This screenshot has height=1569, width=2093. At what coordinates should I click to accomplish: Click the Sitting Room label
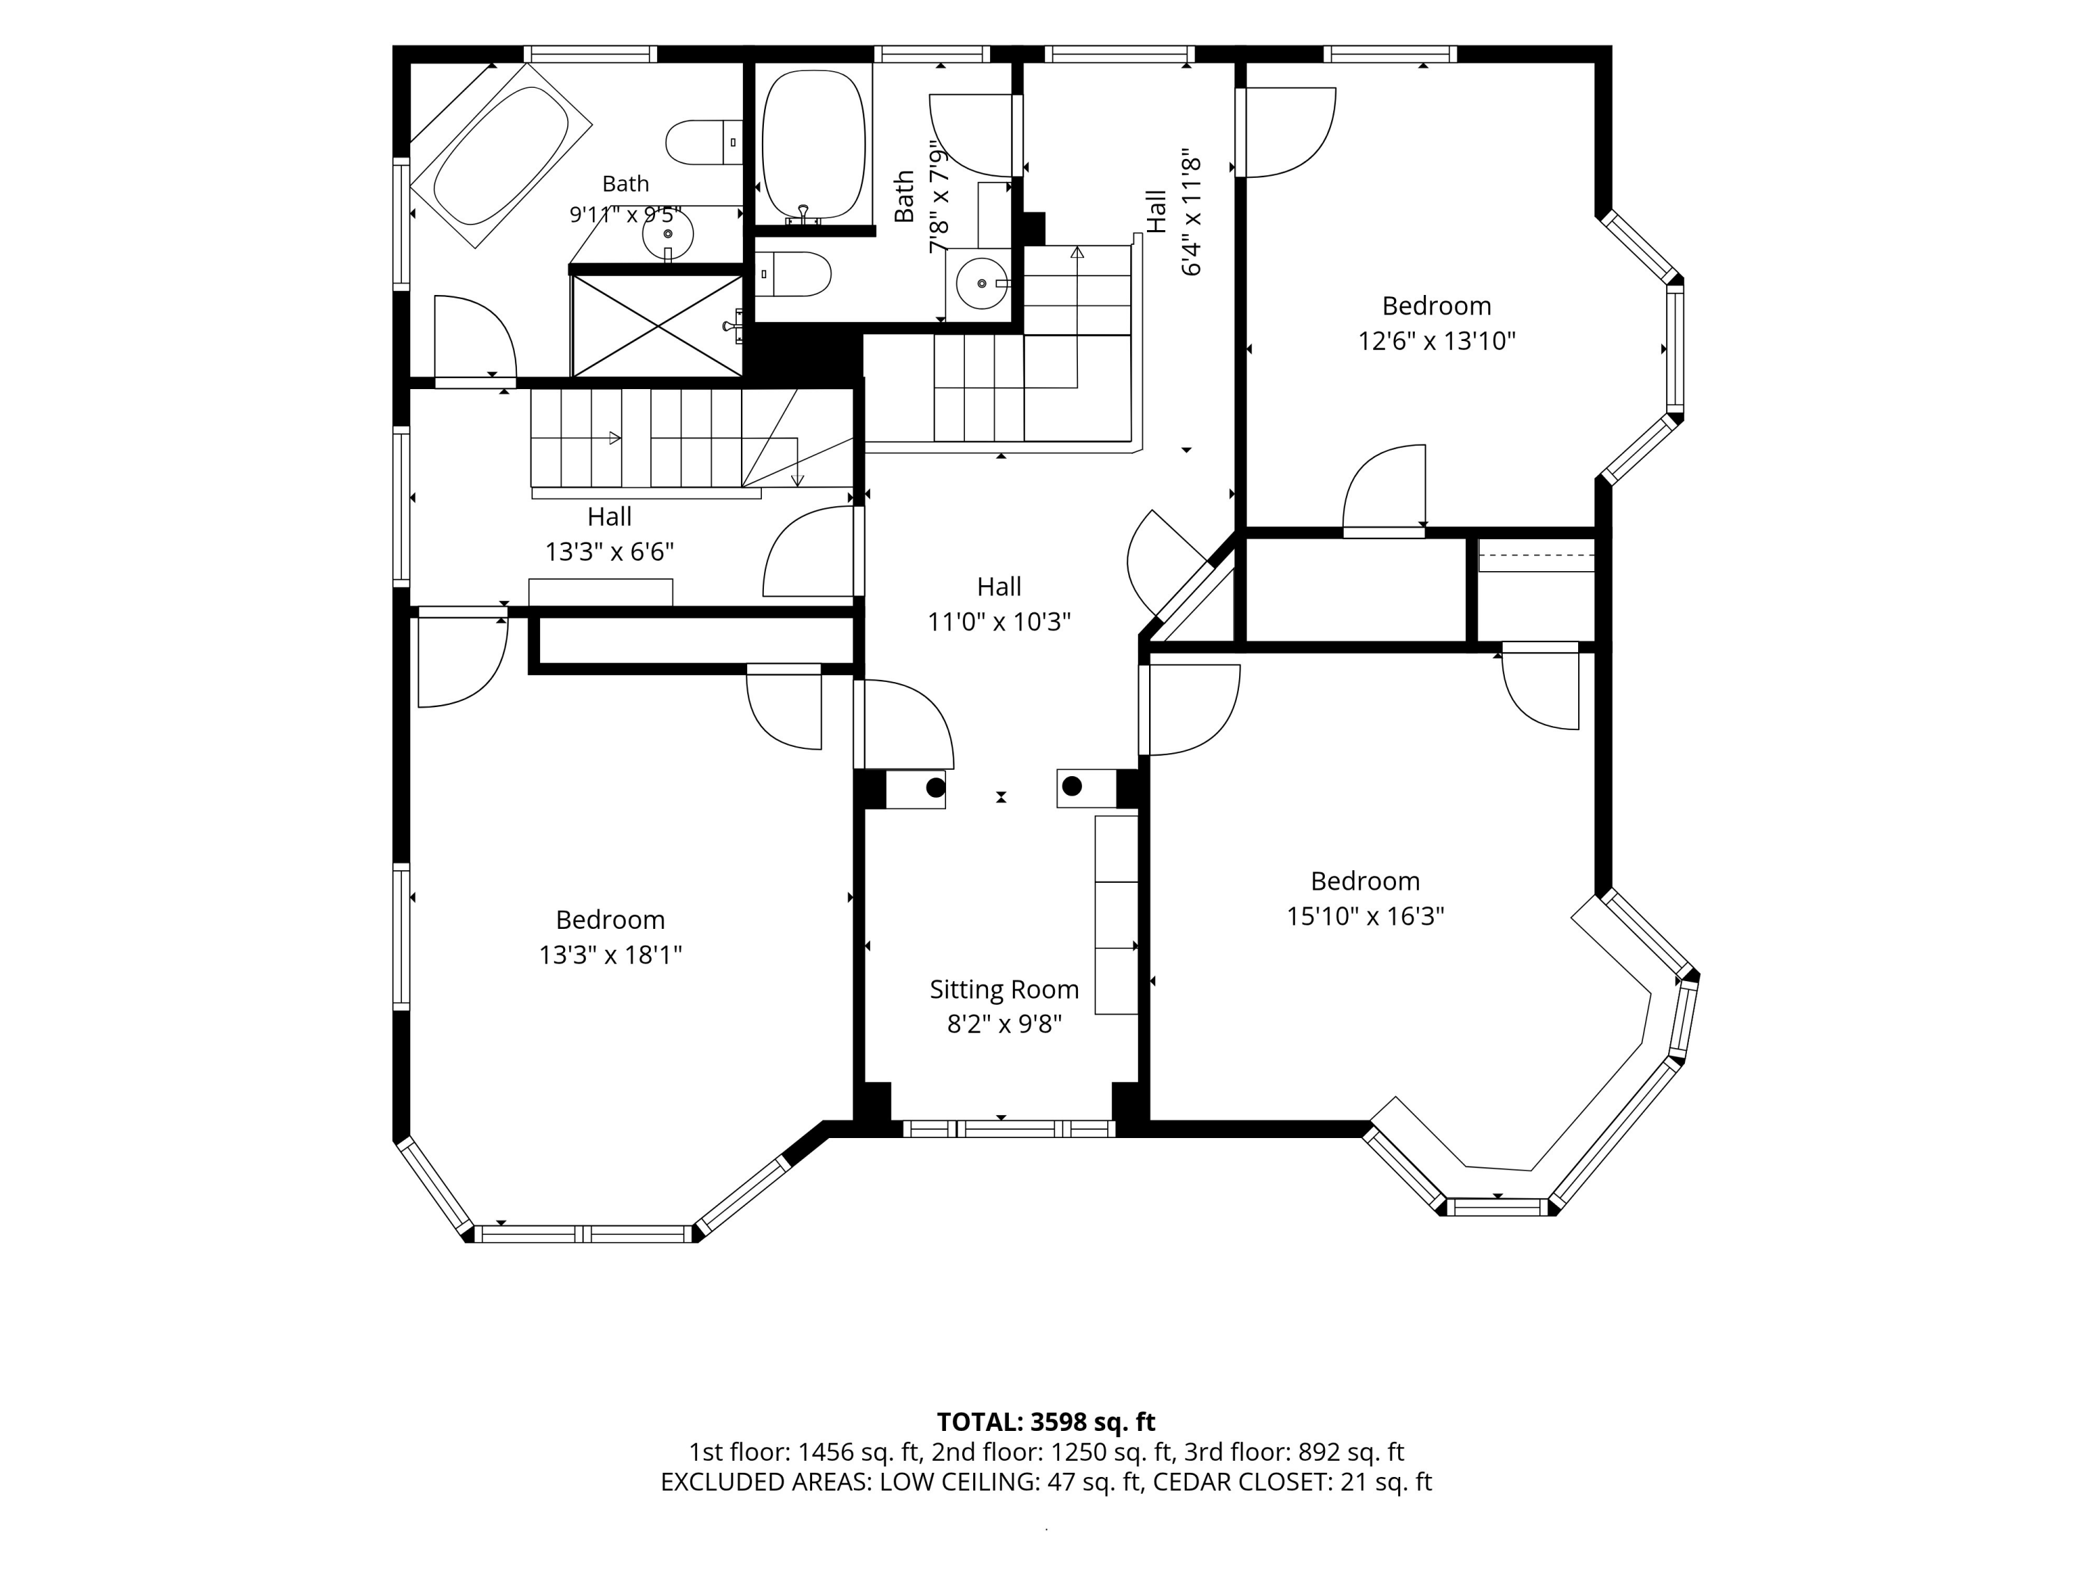click(x=1004, y=990)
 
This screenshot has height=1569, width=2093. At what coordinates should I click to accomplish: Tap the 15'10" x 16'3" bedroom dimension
click(x=1365, y=916)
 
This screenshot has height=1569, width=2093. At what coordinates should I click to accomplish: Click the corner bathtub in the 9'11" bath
click(x=500, y=155)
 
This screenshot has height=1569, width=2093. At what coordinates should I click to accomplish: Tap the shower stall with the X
click(x=657, y=326)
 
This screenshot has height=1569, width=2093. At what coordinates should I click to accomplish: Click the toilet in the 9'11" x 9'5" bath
click(x=704, y=142)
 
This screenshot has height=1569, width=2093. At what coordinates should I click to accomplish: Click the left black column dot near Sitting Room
click(x=935, y=787)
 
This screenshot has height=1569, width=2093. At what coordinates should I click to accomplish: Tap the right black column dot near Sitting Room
click(x=1072, y=786)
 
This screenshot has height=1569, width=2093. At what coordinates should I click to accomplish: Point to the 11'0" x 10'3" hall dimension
click(x=999, y=621)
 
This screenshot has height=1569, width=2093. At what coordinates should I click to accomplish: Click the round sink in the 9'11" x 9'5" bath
click(x=668, y=233)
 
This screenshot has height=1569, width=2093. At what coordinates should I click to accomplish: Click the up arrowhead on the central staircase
click(x=1076, y=252)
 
